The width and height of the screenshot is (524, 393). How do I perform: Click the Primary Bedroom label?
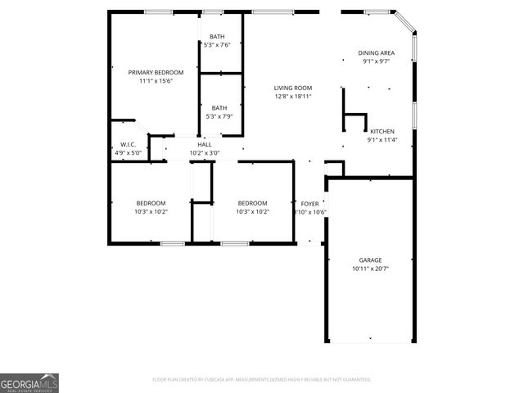(x=156, y=72)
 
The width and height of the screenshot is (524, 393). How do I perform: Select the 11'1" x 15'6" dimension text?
(x=156, y=80)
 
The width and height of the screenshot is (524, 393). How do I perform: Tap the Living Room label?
(x=292, y=88)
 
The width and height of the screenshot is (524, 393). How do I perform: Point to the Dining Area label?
(x=376, y=52)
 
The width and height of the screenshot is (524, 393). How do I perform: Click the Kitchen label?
(x=382, y=131)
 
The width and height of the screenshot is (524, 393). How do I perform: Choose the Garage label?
(x=370, y=260)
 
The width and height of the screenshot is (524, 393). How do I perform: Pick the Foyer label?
(x=309, y=204)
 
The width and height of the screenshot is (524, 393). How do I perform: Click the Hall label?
(x=205, y=145)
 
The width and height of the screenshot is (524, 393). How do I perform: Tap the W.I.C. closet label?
(x=127, y=145)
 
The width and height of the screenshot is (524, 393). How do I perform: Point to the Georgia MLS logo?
(x=29, y=383)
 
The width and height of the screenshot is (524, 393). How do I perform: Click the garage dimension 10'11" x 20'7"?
(x=370, y=269)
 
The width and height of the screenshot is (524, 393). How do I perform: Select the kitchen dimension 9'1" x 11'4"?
(x=382, y=139)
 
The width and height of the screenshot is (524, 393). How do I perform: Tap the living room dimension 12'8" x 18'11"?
(x=292, y=96)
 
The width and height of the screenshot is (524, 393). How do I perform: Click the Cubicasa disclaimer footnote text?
(x=262, y=380)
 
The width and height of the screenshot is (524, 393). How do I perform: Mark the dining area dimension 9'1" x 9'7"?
(x=376, y=61)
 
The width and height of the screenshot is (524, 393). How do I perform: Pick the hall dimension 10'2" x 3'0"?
(x=205, y=153)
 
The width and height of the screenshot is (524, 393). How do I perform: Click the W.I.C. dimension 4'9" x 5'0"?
(x=127, y=153)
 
